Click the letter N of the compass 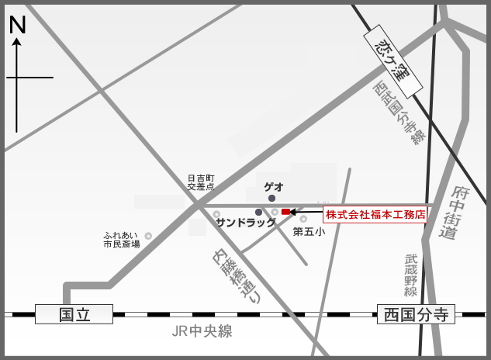pos(17,25)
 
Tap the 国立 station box pos(74,314)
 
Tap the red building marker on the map pos(285,212)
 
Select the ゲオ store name pos(274,186)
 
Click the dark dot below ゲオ pos(271,199)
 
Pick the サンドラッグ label pos(246,223)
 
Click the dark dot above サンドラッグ pos(258,212)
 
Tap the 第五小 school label pos(309,231)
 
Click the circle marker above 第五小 pos(303,220)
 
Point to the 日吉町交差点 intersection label pos(200,182)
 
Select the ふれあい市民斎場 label pos(121,238)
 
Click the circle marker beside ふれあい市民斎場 pos(148,236)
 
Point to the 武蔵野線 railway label pos(410,275)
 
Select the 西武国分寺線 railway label pos(399,112)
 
